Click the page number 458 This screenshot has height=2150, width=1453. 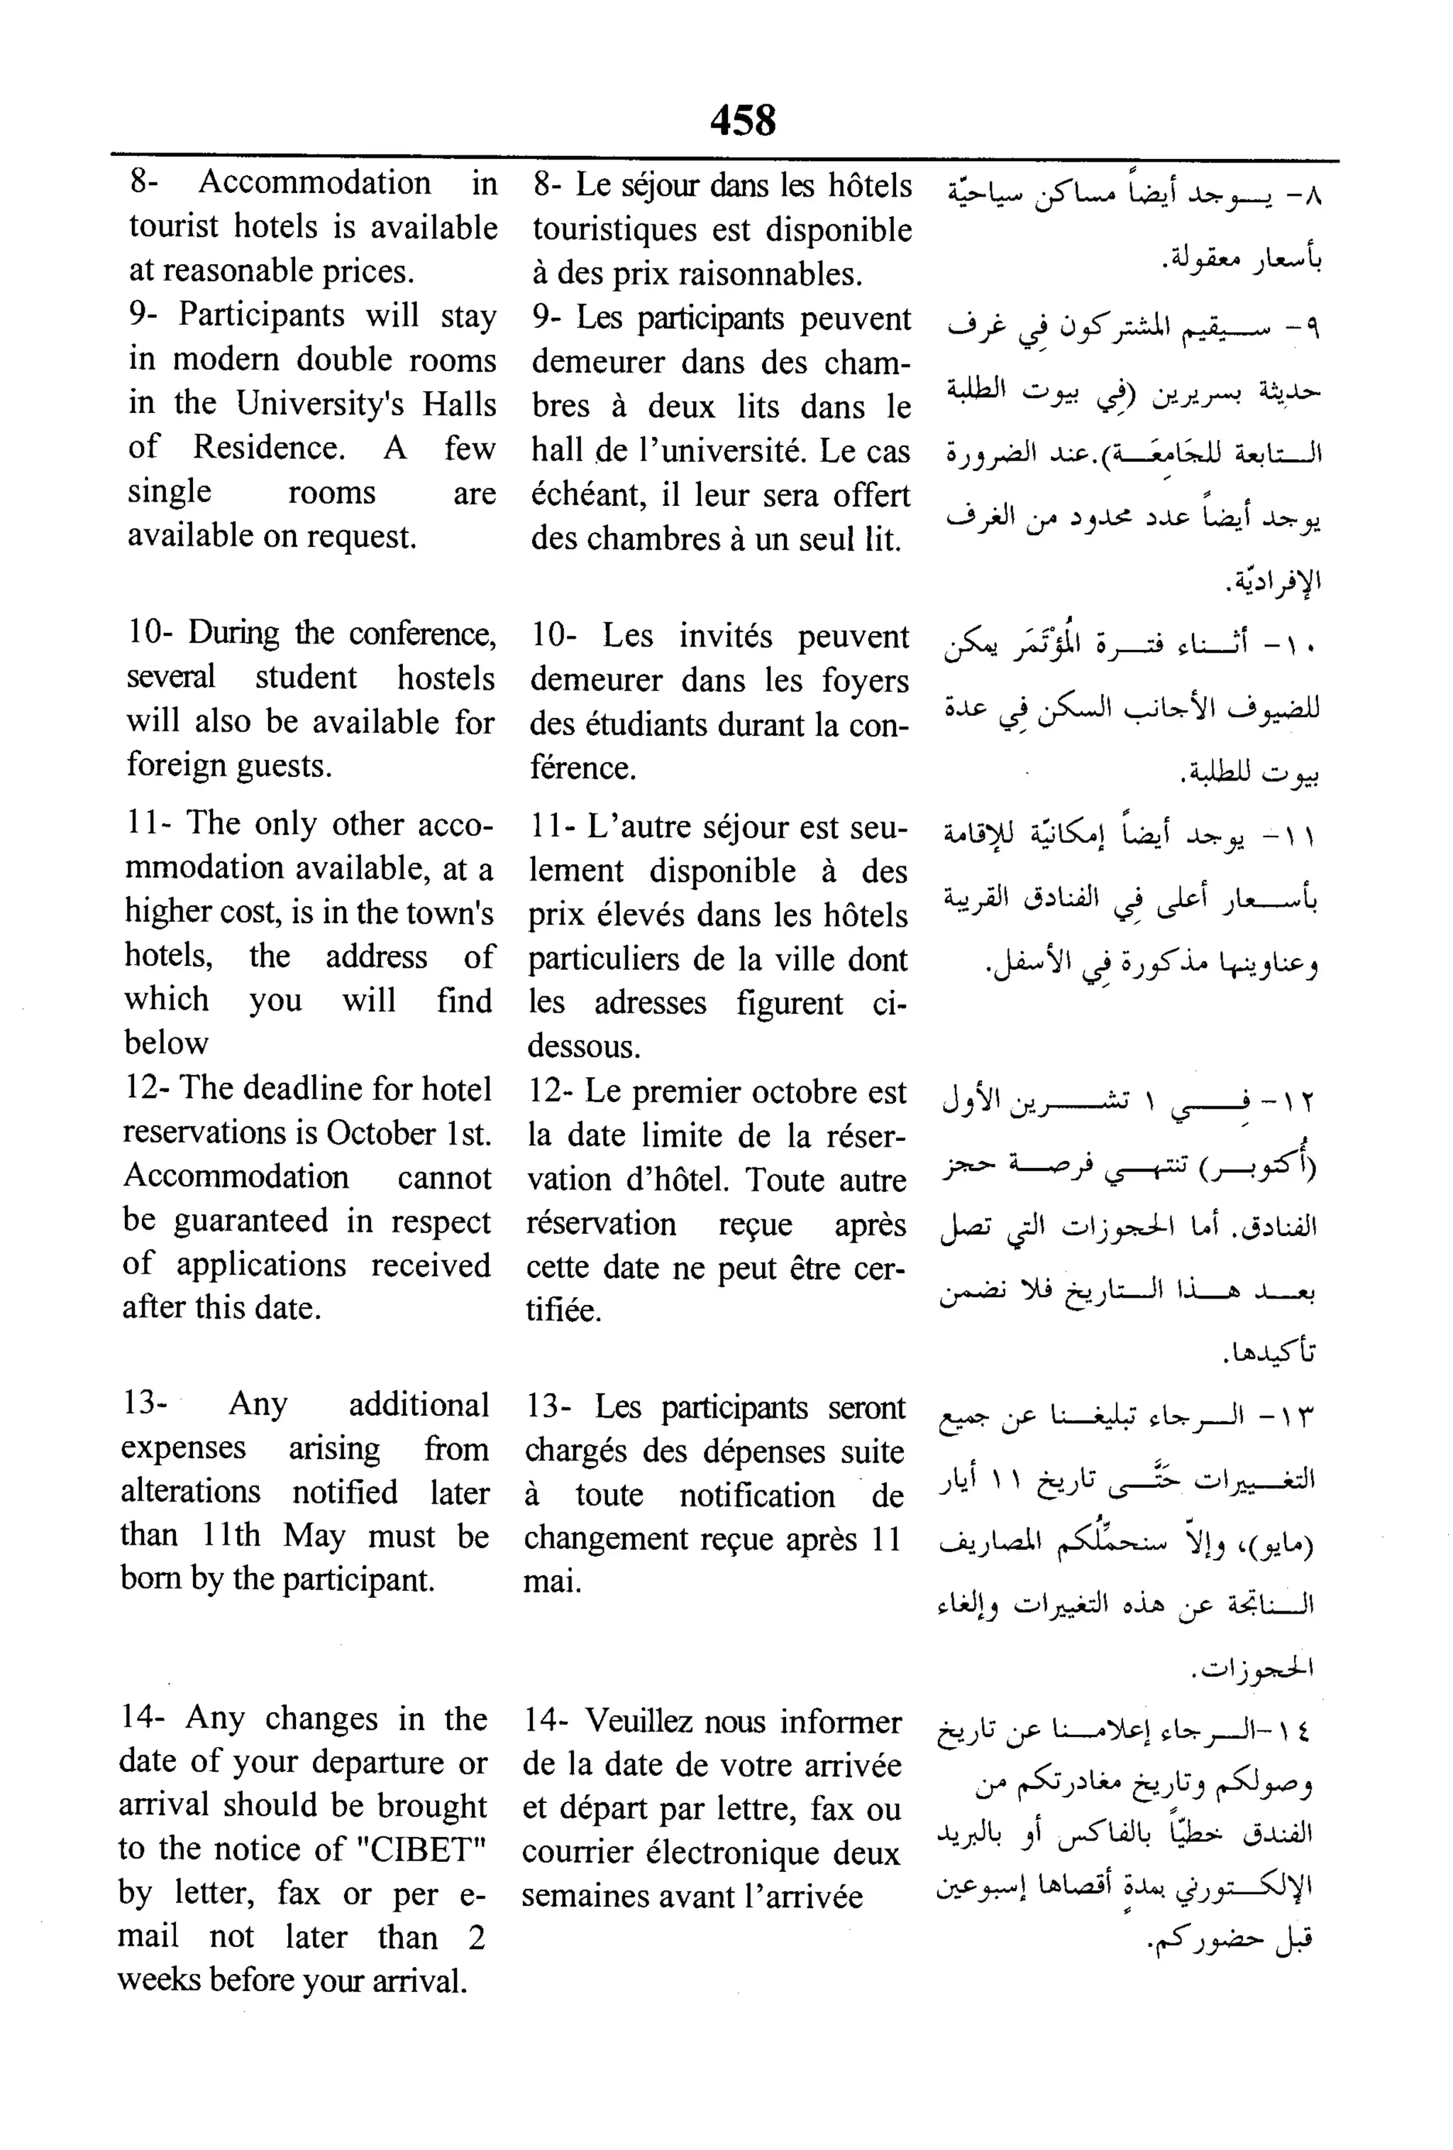click(x=743, y=120)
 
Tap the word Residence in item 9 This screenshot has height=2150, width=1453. click(x=268, y=448)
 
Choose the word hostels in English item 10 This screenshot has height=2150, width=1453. click(x=446, y=678)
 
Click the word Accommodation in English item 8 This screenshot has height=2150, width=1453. click(x=314, y=183)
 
